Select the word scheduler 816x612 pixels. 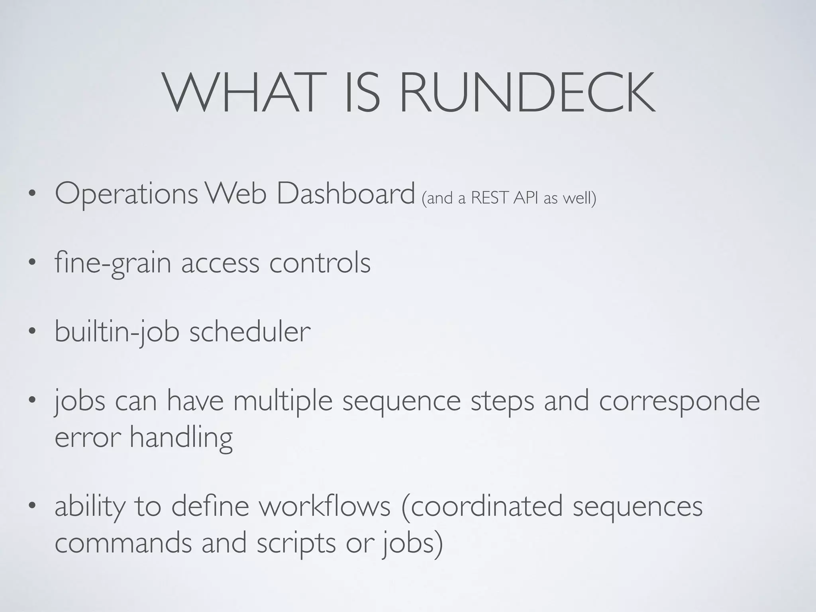point(250,331)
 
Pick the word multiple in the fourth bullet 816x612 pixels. point(283,401)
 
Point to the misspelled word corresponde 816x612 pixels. point(679,402)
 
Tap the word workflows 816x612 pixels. point(324,506)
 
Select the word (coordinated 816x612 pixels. point(482,506)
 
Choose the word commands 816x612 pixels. point(123,543)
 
